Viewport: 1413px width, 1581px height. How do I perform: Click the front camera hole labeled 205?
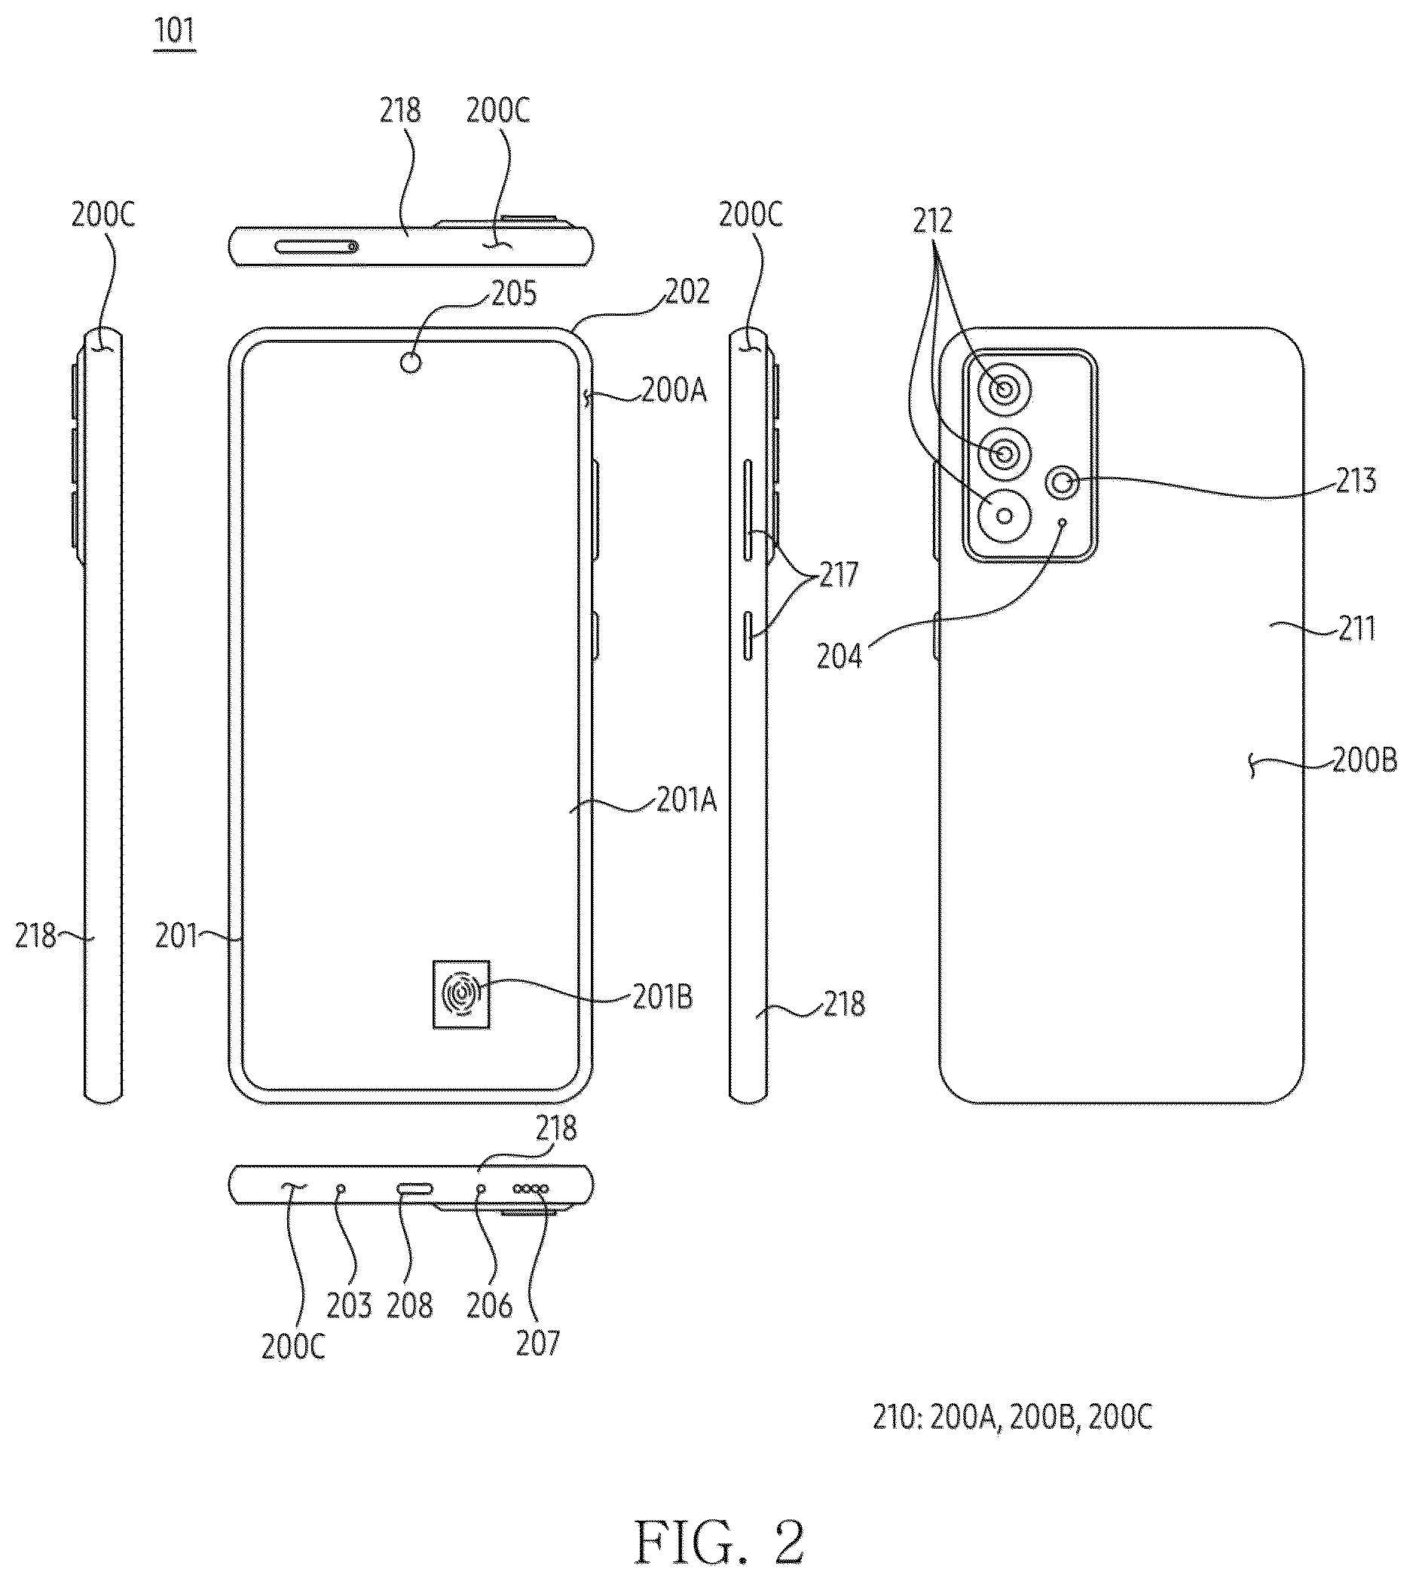[x=411, y=362]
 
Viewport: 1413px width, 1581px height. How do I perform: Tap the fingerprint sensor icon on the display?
[x=461, y=994]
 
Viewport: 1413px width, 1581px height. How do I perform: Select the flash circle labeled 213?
[x=1063, y=484]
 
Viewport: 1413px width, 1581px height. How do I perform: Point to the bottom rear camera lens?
[x=1005, y=515]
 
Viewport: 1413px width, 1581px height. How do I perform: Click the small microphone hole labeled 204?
[x=1063, y=522]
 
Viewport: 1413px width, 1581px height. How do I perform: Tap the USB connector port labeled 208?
[x=414, y=1188]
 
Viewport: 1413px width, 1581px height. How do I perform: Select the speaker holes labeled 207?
[x=531, y=1188]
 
